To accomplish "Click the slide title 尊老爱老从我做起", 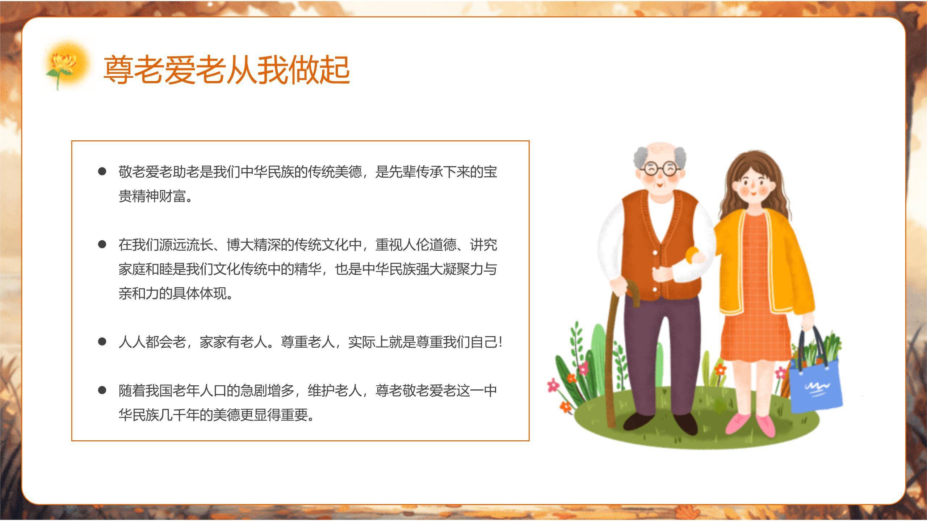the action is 227,70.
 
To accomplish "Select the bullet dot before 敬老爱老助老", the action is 102,171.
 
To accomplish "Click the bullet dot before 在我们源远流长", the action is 102,245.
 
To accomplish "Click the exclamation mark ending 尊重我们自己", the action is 500,342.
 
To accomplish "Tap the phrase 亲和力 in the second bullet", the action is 139,293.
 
